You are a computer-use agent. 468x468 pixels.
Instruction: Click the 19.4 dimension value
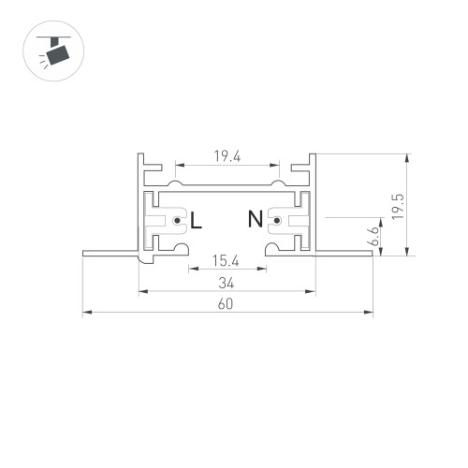[x=227, y=157]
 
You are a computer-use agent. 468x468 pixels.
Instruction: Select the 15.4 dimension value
[x=227, y=259]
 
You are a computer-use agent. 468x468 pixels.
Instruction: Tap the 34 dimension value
[x=227, y=282]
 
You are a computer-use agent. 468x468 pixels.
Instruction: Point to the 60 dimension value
[x=227, y=303]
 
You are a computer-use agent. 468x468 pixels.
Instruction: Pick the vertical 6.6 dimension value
[x=373, y=235]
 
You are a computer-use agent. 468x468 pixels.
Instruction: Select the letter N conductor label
[x=255, y=221]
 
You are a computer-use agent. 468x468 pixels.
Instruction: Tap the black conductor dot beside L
[x=177, y=222]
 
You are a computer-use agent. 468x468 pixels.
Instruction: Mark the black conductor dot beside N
[x=276, y=222]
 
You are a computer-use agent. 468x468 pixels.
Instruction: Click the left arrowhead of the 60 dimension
[x=86, y=313]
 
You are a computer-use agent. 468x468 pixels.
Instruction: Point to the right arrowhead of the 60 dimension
[x=370, y=313]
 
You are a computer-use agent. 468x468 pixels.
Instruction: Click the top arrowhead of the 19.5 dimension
[x=407, y=158]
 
